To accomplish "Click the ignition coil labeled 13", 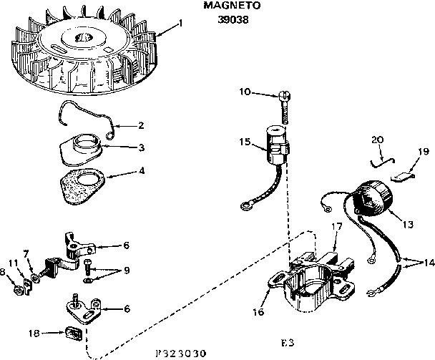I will (373, 198).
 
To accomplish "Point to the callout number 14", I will (429, 262).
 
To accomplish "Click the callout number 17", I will (334, 227).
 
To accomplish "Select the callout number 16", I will (258, 313).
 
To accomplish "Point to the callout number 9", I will (126, 271).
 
